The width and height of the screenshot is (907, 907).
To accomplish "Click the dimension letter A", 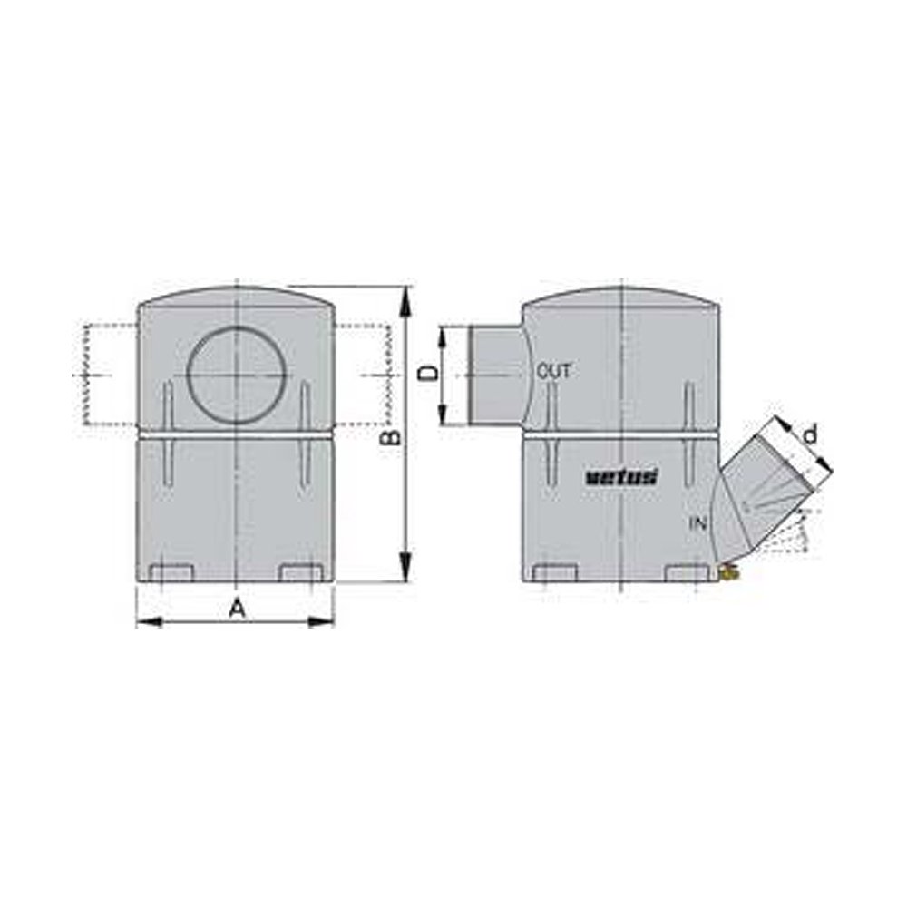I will click(x=237, y=609).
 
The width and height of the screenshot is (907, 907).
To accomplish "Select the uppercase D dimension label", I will click(x=432, y=373).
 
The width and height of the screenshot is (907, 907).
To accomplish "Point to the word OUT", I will click(x=554, y=371).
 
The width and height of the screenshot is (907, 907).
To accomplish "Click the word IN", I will click(x=697, y=523).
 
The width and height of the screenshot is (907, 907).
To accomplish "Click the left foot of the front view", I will click(x=170, y=574).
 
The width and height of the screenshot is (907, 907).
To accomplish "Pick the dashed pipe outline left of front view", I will click(x=109, y=374).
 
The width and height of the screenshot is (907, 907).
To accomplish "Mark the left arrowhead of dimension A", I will click(x=145, y=622).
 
